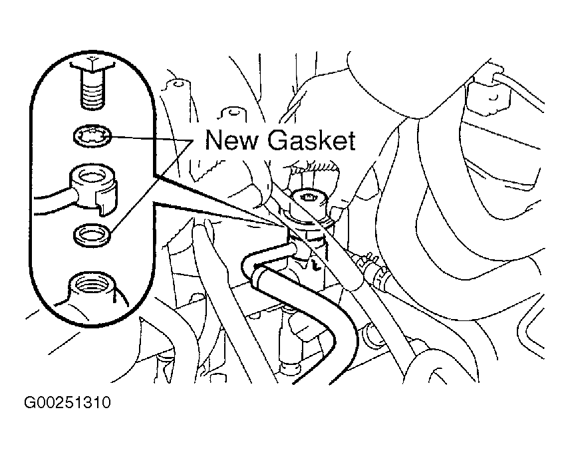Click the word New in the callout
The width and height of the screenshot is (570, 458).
[231, 140]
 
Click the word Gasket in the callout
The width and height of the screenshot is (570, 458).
[311, 140]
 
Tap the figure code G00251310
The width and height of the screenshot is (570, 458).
[67, 403]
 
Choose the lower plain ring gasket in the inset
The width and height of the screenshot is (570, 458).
[92, 234]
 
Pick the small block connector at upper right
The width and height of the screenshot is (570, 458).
[490, 95]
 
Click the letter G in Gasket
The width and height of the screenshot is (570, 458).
[278, 140]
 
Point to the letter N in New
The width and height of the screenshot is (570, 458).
[214, 140]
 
